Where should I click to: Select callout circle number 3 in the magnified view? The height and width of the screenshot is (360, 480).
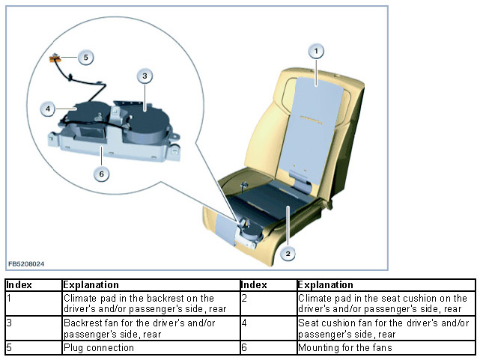145,76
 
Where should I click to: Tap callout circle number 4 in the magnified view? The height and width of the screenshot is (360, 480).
48,109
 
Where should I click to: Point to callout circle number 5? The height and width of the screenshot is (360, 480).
85,57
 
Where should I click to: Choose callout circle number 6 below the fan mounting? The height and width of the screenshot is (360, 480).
102,174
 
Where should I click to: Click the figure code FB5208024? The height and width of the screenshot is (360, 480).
26,264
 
